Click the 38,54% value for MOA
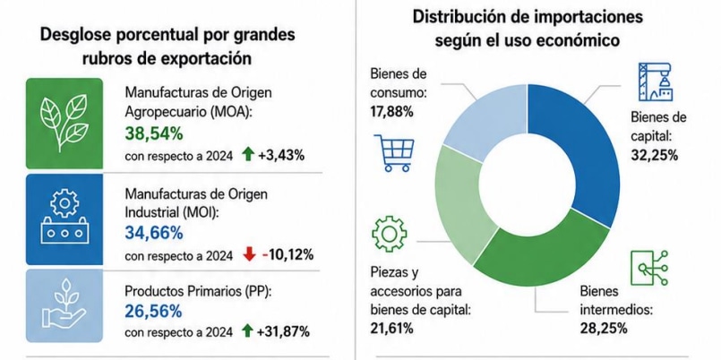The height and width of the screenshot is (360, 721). (x=153, y=133)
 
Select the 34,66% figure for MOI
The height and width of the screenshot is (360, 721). (x=153, y=233)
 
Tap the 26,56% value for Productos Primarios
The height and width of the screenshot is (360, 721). (x=153, y=313)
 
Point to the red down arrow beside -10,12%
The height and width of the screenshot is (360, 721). (x=249, y=254)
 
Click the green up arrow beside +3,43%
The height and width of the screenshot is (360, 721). (x=248, y=156)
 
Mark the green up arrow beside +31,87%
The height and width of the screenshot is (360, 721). (x=247, y=330)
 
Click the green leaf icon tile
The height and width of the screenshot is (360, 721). (x=64, y=124)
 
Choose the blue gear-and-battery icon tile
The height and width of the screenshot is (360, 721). (x=64, y=219)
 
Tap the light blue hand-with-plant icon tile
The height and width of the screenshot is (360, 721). (x=64, y=305)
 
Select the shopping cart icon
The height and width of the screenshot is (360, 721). (x=394, y=153)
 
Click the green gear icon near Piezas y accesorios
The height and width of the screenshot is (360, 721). (x=389, y=234)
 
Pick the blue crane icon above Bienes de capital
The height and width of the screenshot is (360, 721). (x=655, y=81)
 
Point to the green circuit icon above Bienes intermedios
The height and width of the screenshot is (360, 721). (x=649, y=268)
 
